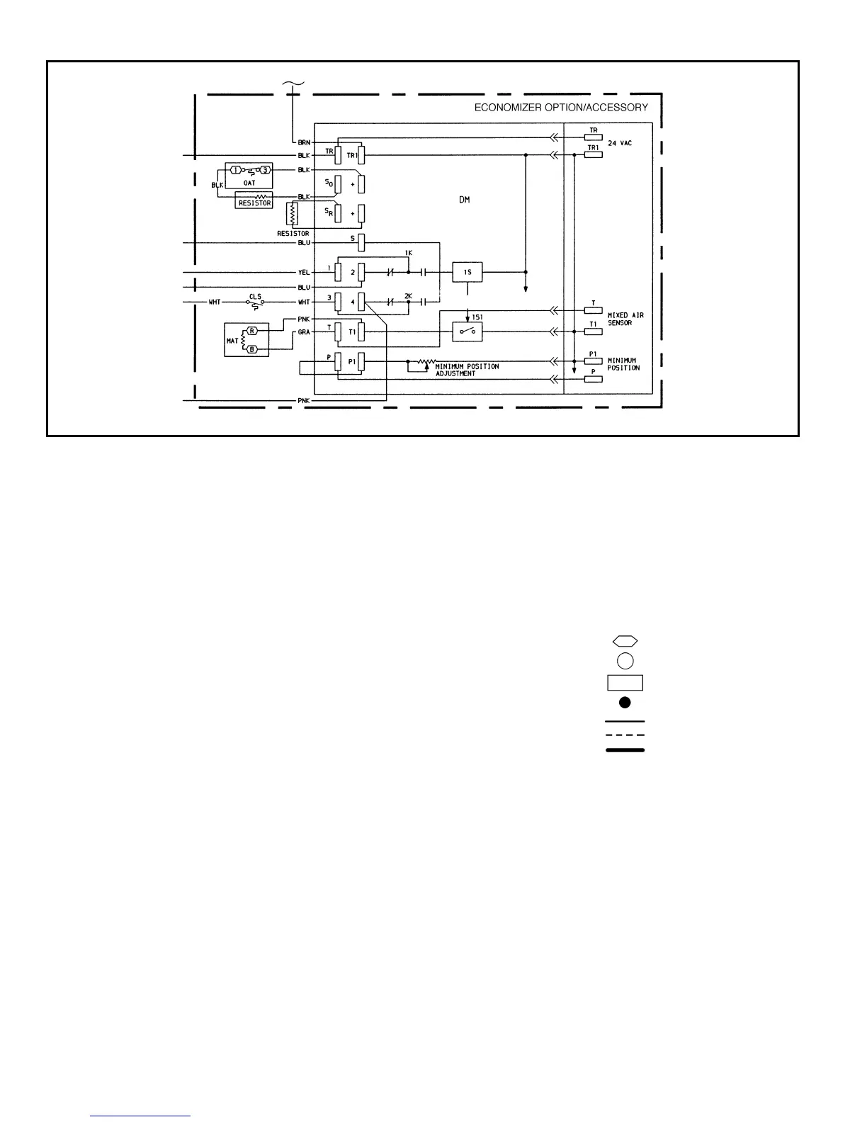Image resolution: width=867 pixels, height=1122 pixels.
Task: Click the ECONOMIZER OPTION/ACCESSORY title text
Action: coord(561,108)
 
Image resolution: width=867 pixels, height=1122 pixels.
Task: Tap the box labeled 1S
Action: coord(467,272)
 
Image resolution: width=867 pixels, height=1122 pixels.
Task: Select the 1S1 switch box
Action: coord(467,331)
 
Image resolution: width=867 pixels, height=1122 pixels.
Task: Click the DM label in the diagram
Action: coord(464,200)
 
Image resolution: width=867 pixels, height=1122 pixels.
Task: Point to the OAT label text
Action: coord(249,183)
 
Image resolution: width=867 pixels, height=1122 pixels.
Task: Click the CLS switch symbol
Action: coord(255,302)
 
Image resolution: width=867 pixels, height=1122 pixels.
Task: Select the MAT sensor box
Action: coord(246,339)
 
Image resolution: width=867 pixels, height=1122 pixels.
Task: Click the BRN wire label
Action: coord(304,142)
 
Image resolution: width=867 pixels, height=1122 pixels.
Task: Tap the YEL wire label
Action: coord(304,272)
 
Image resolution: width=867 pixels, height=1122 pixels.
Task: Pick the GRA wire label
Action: coord(304,331)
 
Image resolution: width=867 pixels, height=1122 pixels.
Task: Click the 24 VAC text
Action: coord(620,143)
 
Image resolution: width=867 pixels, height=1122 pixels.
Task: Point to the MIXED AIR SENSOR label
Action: coord(625,319)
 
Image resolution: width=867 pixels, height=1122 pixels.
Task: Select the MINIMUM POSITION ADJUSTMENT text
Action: coord(467,370)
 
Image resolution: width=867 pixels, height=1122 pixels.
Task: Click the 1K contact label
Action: coord(408,253)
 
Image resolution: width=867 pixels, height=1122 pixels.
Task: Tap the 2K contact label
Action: coord(408,296)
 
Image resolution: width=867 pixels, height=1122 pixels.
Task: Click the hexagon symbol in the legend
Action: coord(625,641)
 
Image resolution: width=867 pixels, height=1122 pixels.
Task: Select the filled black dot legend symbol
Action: coord(625,703)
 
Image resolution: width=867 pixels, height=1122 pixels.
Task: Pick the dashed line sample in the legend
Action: coord(625,735)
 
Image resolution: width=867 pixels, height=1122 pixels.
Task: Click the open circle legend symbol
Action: coord(625,661)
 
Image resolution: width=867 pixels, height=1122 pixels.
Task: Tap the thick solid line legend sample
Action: coord(625,749)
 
